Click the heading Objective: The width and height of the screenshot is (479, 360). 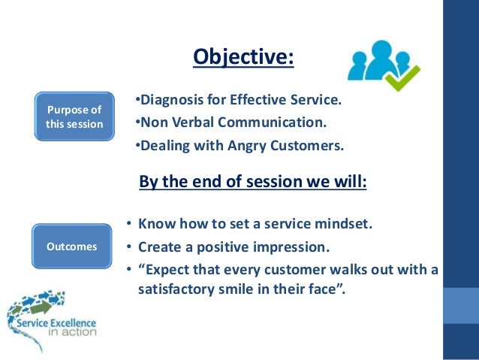[243, 56]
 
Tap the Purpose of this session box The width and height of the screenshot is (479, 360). [74, 116]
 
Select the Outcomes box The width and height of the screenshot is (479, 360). [72, 246]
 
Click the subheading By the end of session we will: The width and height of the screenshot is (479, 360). [253, 183]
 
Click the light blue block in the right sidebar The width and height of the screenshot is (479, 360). [461, 303]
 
